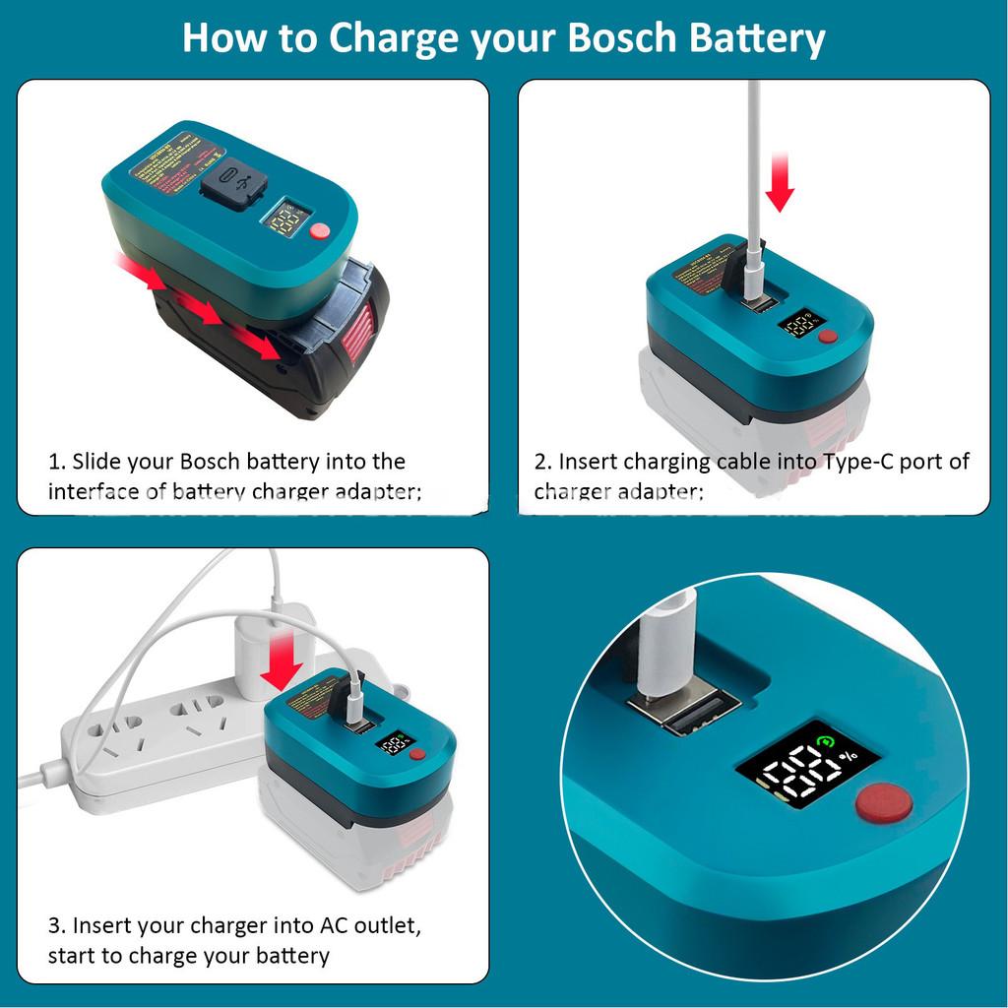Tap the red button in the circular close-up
coord(883,804)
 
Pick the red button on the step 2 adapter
coord(828,337)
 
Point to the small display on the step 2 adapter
coord(796,324)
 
